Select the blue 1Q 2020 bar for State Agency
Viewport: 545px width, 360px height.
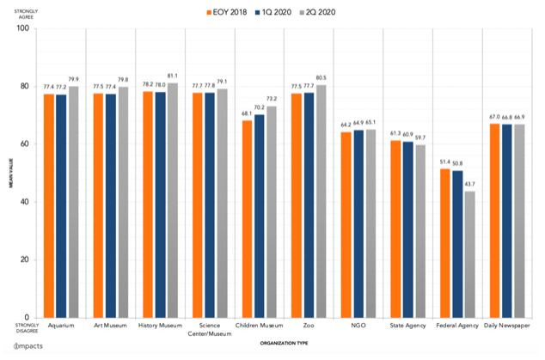click(407, 229)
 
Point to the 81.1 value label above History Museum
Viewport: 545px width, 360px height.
click(172, 76)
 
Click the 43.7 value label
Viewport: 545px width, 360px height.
click(468, 184)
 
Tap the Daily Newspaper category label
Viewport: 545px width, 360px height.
click(505, 326)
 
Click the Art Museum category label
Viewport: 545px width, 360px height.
click(111, 326)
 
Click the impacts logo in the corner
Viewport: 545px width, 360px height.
click(23, 351)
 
